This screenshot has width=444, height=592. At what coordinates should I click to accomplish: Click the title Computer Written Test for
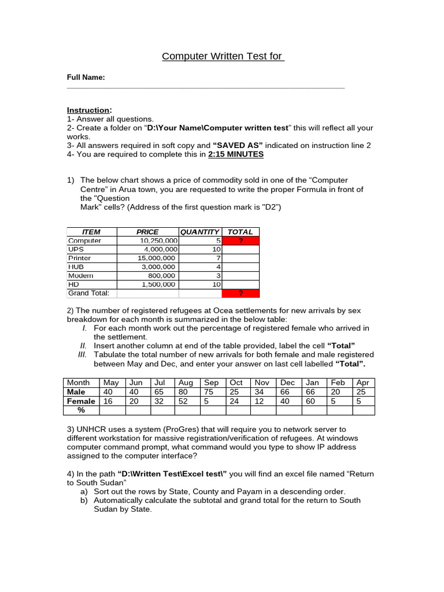click(223, 56)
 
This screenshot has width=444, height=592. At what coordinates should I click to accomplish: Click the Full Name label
click(86, 77)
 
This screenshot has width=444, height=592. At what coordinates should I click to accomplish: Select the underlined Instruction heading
click(89, 110)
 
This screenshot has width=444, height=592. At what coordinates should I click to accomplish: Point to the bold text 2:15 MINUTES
click(235, 154)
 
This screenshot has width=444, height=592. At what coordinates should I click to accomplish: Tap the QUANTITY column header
click(199, 232)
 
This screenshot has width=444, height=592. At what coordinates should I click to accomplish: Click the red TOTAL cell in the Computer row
click(240, 240)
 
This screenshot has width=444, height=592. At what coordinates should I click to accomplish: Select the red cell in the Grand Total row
click(240, 293)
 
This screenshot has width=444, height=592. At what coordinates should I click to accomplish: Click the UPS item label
click(76, 249)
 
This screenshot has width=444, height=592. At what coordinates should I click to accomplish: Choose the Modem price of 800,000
click(162, 276)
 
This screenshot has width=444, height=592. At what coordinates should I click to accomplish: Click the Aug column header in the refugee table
click(186, 383)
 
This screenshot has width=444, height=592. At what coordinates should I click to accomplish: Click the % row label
click(81, 410)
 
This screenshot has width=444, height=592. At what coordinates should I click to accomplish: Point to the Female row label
click(80, 401)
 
